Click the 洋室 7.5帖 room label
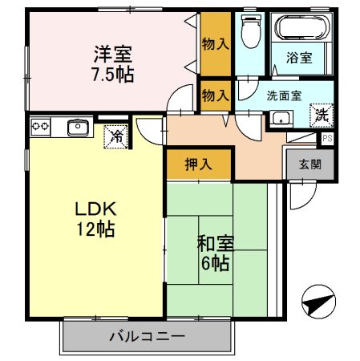pos(112,64)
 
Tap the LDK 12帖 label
pos(96,219)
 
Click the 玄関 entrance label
pos(310,165)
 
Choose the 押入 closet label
pos(199,165)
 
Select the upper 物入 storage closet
pos(215,43)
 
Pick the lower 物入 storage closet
pos(215,95)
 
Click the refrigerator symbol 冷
pos(117,137)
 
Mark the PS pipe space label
pos(326,138)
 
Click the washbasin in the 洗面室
pos(281,118)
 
